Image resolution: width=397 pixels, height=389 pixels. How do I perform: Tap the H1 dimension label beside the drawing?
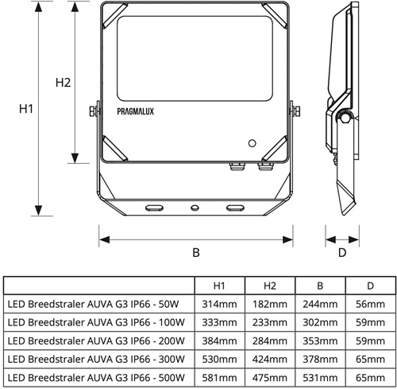[25, 110]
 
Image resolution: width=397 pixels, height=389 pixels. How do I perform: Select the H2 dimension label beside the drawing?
[64, 83]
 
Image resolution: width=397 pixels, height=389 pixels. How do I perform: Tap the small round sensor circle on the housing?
[252, 143]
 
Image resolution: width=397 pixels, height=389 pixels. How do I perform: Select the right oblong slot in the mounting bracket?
[236, 207]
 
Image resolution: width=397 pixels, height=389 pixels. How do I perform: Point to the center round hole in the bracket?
[195, 207]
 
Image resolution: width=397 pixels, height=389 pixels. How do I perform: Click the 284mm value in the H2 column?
[268, 340]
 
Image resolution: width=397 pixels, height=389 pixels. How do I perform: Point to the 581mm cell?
[218, 376]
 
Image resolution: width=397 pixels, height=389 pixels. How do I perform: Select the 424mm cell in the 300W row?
[268, 359]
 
